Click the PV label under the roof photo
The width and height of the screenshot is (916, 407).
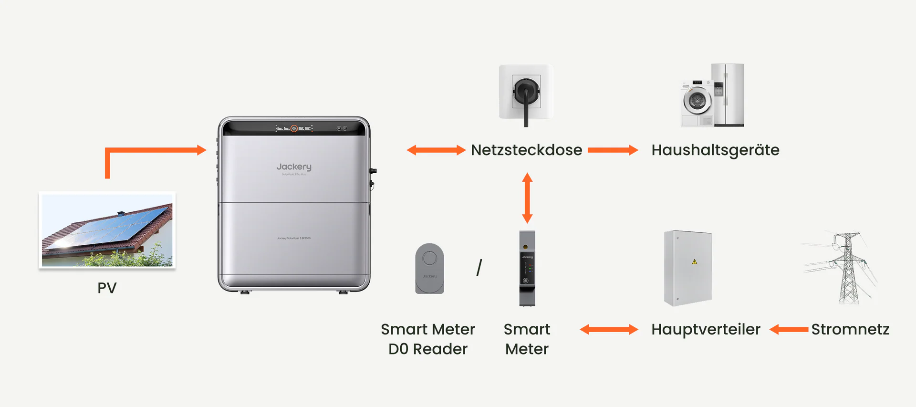[x=107, y=288]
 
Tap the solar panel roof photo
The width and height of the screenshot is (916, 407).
[x=107, y=230]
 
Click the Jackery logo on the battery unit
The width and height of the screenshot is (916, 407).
[x=294, y=167]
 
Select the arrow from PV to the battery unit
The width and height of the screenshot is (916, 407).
[x=153, y=151]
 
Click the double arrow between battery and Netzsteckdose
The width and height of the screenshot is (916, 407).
[x=436, y=150]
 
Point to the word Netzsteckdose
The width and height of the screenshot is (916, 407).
[x=526, y=150]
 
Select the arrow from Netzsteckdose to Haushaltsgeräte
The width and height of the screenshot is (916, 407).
[x=613, y=150]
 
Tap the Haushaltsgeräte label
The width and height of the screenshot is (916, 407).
[x=715, y=150]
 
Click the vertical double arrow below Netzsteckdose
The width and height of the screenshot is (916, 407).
[x=527, y=198]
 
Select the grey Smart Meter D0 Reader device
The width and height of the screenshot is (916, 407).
[x=429, y=268]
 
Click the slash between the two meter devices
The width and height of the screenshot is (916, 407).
[x=479, y=267]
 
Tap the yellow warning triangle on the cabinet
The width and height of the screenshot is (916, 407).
[x=694, y=261]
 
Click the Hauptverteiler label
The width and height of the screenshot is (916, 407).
[x=706, y=329]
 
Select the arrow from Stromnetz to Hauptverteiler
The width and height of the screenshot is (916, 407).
[x=789, y=329]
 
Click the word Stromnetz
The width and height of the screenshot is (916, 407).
[x=850, y=329]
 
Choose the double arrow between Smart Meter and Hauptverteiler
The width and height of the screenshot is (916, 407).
[x=609, y=329]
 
